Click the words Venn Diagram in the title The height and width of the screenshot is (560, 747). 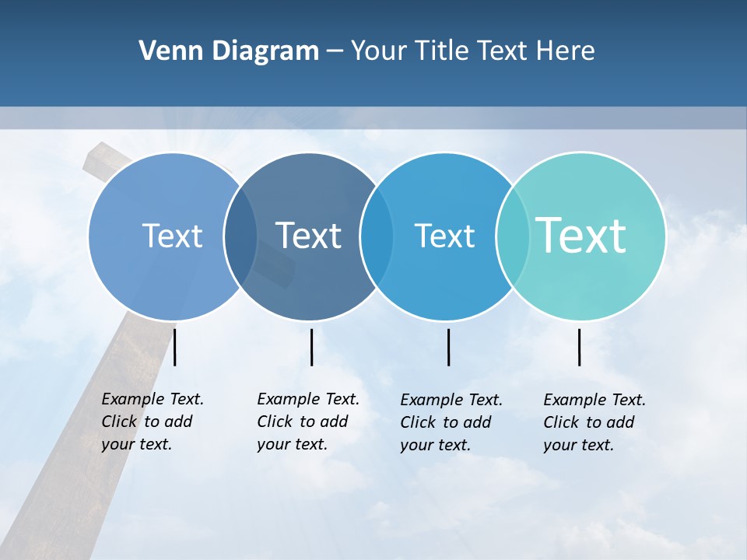tap(229, 51)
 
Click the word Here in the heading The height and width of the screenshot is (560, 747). tap(565, 51)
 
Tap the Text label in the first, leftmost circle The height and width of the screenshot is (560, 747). tap(172, 236)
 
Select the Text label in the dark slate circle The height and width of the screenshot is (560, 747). tap(309, 236)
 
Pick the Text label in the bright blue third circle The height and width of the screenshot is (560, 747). tap(444, 236)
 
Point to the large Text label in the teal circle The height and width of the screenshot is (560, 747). tap(581, 235)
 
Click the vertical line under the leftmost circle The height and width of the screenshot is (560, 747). tap(175, 347)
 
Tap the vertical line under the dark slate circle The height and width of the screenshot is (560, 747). tap(311, 347)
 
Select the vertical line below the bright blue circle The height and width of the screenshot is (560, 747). tap(448, 347)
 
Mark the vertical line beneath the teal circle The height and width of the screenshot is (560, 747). tap(580, 347)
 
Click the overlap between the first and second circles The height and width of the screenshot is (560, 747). tap(240, 236)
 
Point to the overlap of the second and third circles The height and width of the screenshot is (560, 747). tap(376, 236)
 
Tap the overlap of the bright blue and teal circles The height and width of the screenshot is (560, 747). tap(512, 236)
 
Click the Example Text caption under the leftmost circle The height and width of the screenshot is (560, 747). tap(153, 422)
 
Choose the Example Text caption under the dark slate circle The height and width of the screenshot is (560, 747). tap(308, 422)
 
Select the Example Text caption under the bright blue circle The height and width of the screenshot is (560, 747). tap(451, 422)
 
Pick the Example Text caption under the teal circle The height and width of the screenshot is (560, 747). tap(594, 422)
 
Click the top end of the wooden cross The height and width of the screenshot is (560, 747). tap(97, 156)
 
